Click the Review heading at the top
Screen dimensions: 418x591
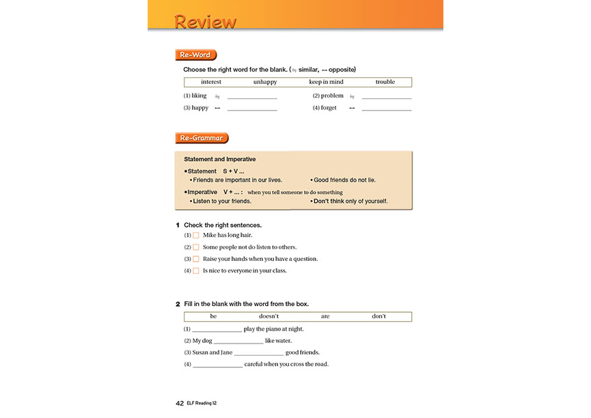pos(206,21)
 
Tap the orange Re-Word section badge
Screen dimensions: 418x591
pos(195,55)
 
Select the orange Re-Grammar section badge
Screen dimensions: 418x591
pos(202,138)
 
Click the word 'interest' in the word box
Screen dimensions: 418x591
pos(211,82)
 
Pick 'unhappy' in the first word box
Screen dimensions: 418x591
pos(265,82)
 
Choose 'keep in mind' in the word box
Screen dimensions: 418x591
pos(326,82)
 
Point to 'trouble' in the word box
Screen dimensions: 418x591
pos(385,82)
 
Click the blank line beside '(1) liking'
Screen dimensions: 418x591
pos(252,98)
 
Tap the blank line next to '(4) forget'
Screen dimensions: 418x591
pos(387,109)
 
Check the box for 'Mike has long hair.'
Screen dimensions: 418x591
pos(195,236)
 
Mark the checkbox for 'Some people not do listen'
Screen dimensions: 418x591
pos(195,247)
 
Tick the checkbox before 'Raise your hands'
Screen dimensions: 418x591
pos(195,259)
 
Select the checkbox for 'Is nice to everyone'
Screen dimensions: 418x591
pos(195,270)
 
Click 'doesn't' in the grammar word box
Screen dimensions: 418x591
pos(269,316)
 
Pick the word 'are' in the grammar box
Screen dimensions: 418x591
pos(325,316)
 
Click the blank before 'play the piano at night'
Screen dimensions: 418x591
pos(217,330)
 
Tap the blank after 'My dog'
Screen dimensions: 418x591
pos(238,342)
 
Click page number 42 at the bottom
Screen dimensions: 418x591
pos(180,403)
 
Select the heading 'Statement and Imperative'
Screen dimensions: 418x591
pos(220,159)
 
